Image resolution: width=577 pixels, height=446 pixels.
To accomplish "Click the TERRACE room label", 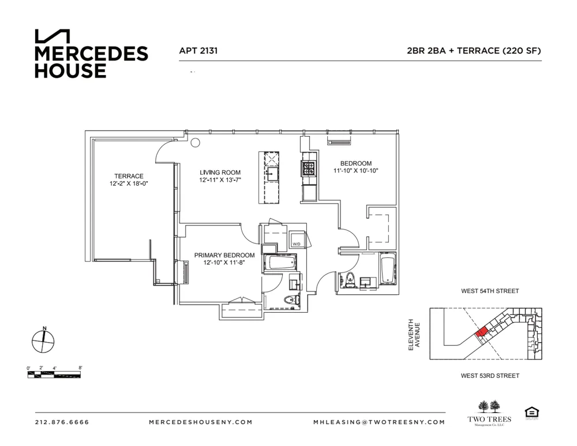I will click(128, 176).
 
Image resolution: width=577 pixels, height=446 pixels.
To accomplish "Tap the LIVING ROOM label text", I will click(220, 173).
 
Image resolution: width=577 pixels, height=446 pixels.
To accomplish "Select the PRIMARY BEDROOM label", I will click(224, 255).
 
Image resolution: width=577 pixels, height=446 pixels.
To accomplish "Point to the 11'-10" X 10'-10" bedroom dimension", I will click(355, 171).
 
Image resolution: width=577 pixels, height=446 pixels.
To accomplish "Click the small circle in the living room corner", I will click(195, 143).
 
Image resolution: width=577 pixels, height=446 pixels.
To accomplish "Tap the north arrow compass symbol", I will click(43, 340).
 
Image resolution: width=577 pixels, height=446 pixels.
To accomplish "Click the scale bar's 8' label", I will click(80, 368).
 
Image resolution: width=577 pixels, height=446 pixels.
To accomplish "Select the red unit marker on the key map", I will click(481, 332).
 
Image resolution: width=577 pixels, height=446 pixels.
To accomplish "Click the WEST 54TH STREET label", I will click(489, 291).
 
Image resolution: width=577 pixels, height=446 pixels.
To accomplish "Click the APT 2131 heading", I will click(198, 51).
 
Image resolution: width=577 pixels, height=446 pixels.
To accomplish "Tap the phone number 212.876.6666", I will click(62, 422).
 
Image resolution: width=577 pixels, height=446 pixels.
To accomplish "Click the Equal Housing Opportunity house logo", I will click(530, 413).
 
